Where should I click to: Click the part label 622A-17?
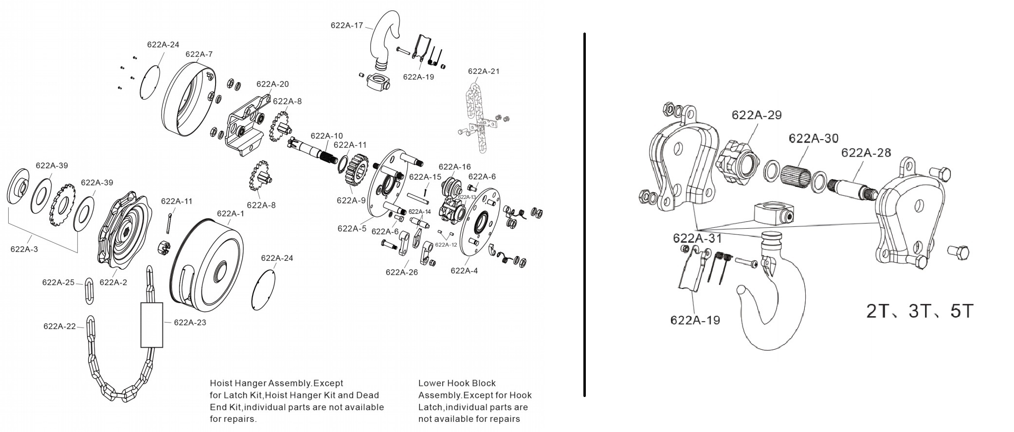click(346, 25)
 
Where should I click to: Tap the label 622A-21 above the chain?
click(484, 71)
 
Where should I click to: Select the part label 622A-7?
click(199, 54)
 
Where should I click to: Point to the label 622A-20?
click(272, 84)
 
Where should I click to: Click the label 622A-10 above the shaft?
click(326, 136)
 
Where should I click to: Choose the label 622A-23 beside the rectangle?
click(190, 322)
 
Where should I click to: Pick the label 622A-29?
click(757, 115)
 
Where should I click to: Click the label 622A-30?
click(814, 138)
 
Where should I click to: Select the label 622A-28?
click(866, 153)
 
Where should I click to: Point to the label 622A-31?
click(698, 238)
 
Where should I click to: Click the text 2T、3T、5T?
click(920, 311)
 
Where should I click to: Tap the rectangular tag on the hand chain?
click(152, 324)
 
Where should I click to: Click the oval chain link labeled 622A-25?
click(90, 291)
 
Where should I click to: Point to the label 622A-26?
click(402, 272)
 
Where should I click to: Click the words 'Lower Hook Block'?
click(457, 383)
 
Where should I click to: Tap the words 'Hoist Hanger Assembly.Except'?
click(276, 383)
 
